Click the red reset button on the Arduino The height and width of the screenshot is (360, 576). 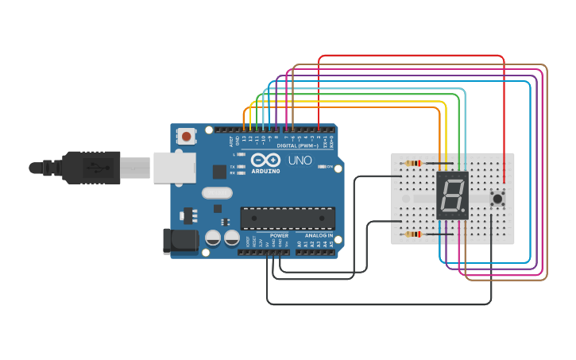187,137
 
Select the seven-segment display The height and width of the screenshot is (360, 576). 452,195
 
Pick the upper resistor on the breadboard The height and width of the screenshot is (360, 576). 413,163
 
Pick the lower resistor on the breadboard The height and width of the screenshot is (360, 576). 413,234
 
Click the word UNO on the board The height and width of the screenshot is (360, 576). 300,161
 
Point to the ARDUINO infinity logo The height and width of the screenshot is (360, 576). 266,160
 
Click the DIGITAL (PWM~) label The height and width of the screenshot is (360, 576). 298,146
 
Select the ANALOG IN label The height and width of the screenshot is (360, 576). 319,235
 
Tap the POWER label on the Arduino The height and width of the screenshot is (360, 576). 279,235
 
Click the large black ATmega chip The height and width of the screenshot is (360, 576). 288,217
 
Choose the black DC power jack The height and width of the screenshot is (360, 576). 179,242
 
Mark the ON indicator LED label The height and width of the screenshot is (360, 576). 329,167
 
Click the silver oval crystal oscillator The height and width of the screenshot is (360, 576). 217,192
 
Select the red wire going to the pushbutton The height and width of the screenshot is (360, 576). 504,119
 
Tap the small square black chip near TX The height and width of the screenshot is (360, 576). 219,171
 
